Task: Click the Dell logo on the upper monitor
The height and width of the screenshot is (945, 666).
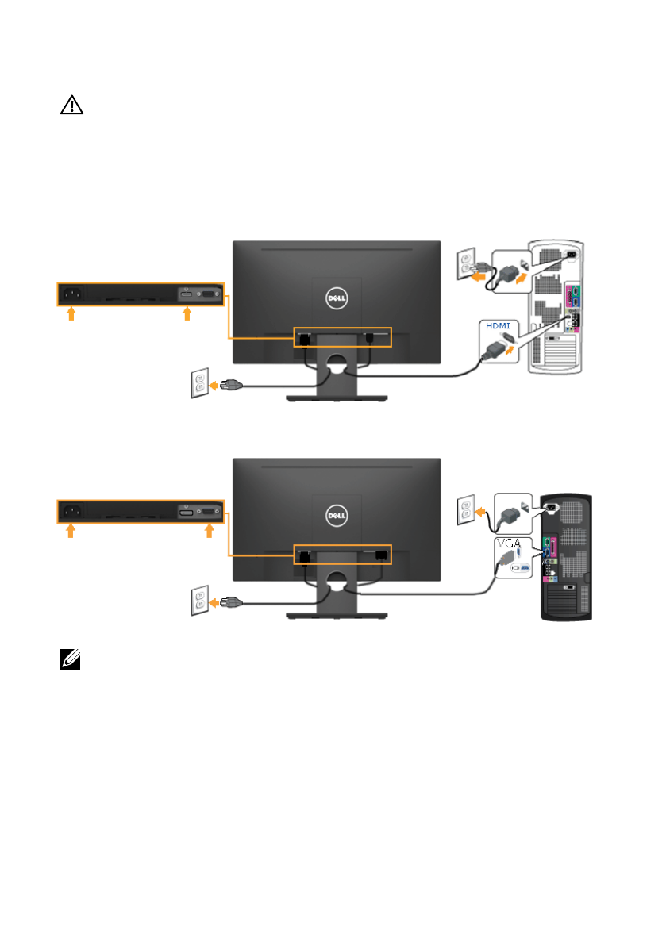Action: pyautogui.click(x=337, y=298)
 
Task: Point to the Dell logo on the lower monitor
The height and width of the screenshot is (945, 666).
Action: pyautogui.click(x=337, y=515)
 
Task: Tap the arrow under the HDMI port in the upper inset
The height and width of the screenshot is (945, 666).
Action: pyautogui.click(x=187, y=314)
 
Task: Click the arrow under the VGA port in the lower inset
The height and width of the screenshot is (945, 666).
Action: pyautogui.click(x=210, y=531)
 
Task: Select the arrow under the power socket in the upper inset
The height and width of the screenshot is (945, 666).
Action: pyautogui.click(x=71, y=314)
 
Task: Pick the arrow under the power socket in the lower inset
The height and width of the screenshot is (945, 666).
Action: pyautogui.click(x=71, y=531)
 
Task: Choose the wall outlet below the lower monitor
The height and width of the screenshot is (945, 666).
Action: pyautogui.click(x=199, y=602)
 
